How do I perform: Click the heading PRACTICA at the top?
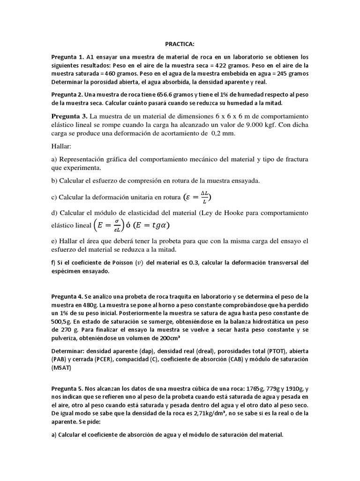pyautogui.click(x=180, y=44)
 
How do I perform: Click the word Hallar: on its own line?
pyautogui.click(x=63, y=147)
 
